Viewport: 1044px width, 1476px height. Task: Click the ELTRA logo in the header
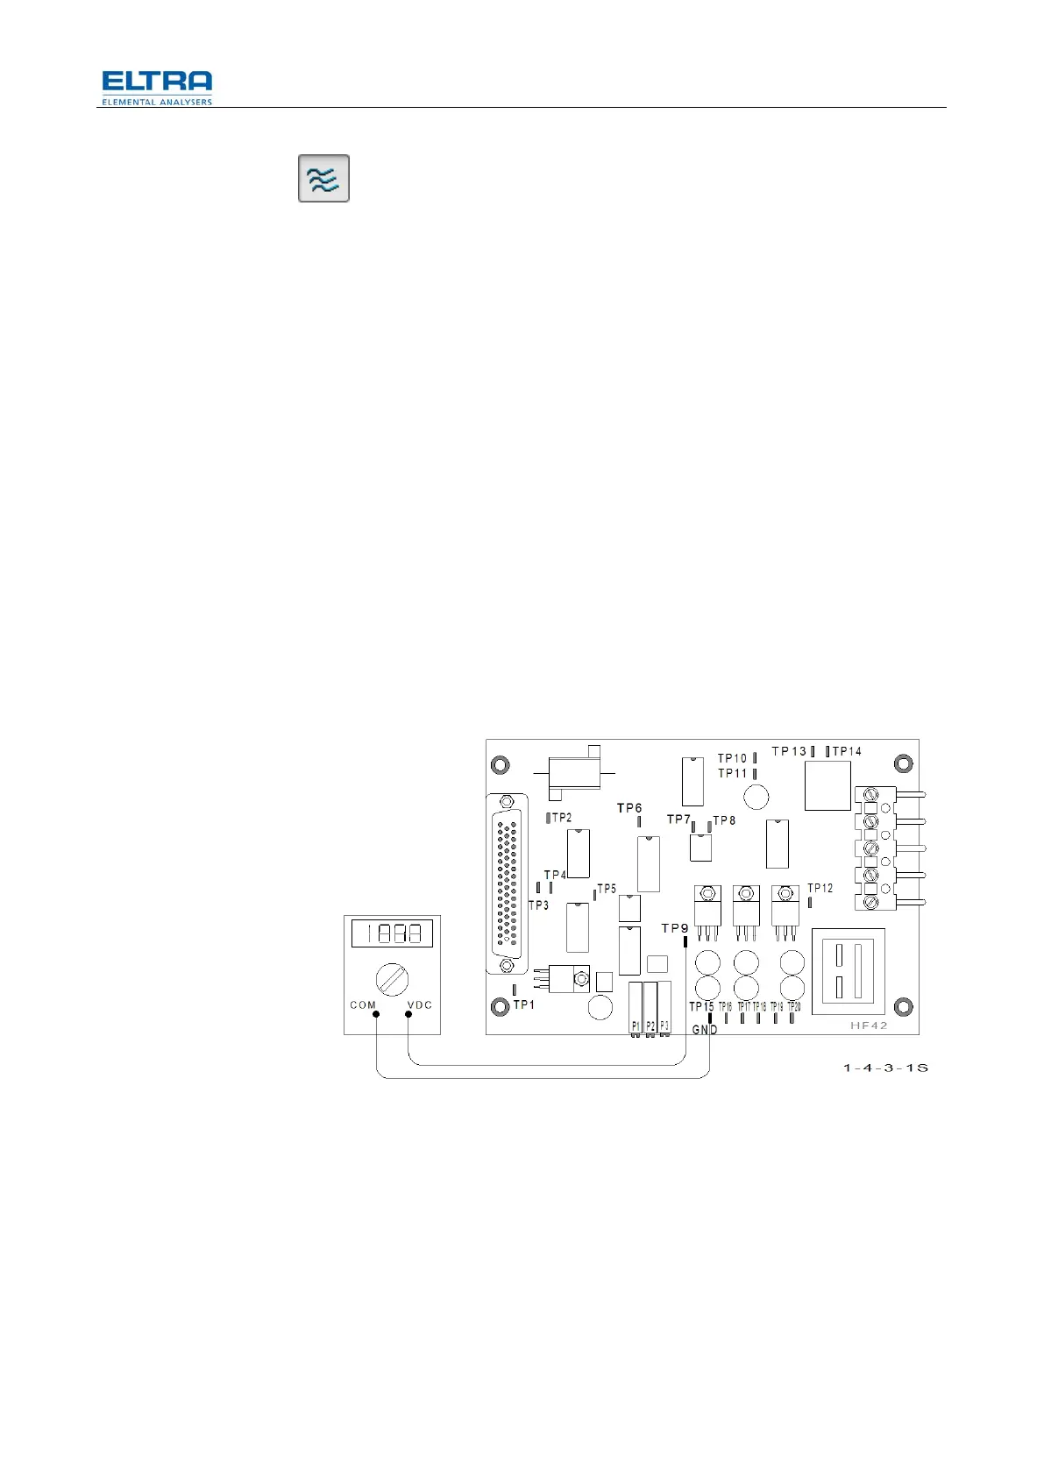156,87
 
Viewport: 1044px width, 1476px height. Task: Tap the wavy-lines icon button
323,178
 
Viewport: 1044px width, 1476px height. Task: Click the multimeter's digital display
392,933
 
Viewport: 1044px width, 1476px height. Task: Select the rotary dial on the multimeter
392,977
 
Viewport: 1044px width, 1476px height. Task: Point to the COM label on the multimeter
363,1005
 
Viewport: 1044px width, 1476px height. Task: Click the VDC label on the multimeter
420,1005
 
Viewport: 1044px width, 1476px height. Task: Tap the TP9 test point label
675,928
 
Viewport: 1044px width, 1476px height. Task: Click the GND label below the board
705,1030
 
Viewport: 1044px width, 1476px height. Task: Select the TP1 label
524,1004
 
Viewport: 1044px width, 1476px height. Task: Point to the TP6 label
629,808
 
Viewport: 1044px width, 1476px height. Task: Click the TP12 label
820,888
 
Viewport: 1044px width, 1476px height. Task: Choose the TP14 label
847,751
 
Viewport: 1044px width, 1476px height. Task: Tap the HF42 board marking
869,1025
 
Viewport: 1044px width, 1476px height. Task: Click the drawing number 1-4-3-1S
885,1068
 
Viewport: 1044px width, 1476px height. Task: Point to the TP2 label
562,818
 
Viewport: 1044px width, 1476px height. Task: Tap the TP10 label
733,758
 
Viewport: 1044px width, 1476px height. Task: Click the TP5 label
607,889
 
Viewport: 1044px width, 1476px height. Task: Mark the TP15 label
701,1006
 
